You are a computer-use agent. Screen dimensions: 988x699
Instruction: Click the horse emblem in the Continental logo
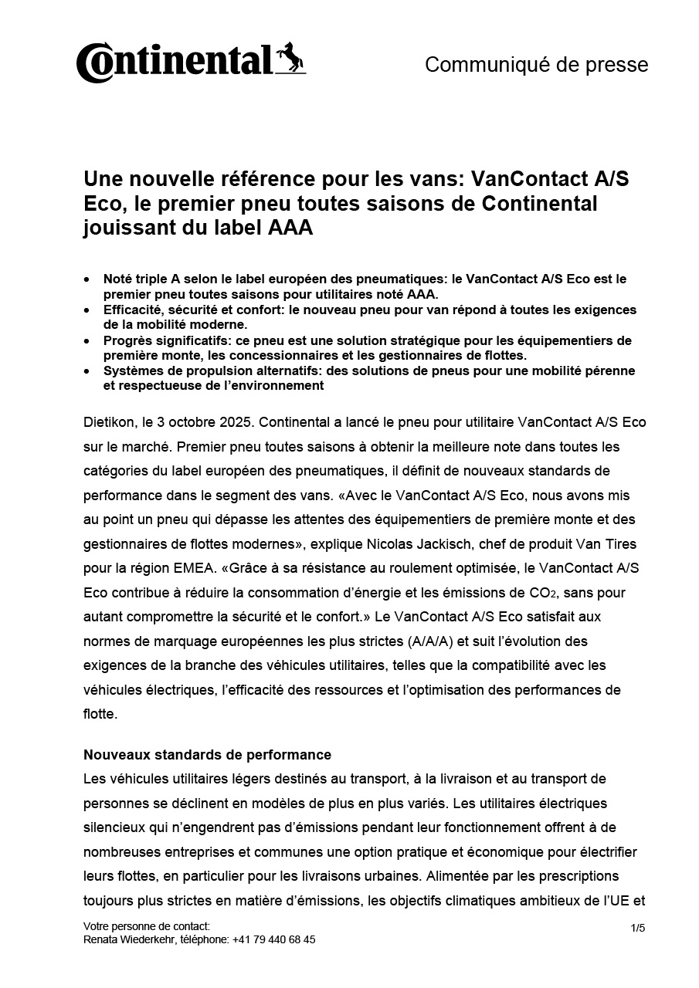coord(291,59)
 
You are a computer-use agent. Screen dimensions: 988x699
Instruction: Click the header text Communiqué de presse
coord(536,65)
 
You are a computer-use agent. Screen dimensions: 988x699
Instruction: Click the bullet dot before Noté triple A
coord(87,279)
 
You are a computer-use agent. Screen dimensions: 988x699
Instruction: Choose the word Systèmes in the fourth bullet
coord(131,370)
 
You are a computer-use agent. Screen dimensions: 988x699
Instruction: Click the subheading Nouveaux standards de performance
coord(207,754)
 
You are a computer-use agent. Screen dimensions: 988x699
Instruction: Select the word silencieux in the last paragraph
coord(114,827)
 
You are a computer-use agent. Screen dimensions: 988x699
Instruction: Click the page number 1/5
coord(637,928)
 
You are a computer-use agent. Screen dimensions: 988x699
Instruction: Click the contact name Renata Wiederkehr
coord(130,939)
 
